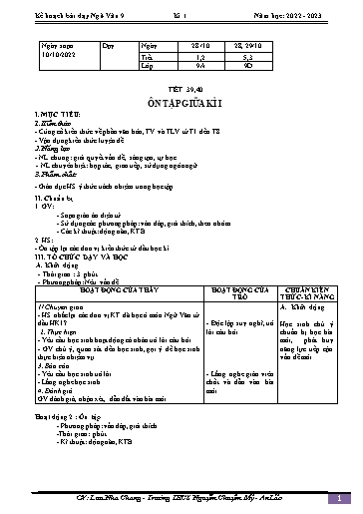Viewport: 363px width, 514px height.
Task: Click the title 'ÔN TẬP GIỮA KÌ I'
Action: (181, 109)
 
